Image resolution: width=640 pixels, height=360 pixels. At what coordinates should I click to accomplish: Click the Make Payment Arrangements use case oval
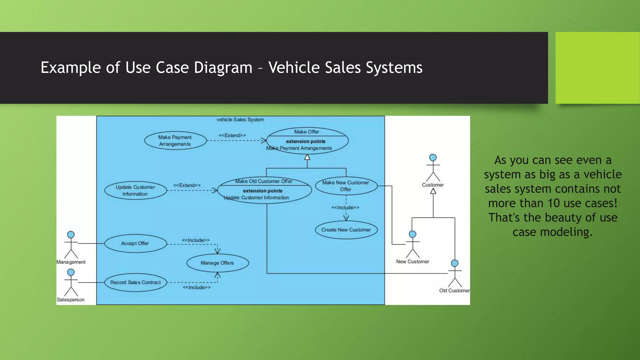click(x=175, y=141)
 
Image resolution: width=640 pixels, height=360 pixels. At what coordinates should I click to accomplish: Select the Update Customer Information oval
click(x=135, y=190)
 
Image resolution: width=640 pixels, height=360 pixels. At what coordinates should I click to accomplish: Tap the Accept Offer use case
click(x=135, y=243)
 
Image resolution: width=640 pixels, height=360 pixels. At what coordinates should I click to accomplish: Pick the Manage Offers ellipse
click(x=217, y=263)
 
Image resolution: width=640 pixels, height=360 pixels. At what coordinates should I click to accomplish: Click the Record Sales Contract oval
click(x=135, y=282)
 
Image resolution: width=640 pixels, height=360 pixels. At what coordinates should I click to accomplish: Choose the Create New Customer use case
click(x=346, y=230)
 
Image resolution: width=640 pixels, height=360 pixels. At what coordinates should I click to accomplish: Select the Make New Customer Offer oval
click(x=346, y=186)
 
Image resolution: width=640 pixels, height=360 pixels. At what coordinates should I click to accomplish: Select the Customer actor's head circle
click(x=433, y=157)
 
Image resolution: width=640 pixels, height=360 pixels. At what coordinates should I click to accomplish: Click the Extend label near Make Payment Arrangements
click(x=232, y=135)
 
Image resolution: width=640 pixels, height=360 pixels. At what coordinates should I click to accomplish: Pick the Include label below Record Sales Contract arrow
click(x=197, y=287)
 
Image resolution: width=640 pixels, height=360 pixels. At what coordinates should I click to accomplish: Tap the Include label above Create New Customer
click(x=345, y=207)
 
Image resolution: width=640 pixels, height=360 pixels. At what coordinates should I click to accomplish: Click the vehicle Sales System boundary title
click(x=240, y=120)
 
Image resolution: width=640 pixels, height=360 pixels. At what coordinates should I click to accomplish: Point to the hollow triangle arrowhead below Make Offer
click(x=307, y=157)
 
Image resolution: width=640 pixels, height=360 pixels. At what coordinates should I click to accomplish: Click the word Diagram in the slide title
click(x=223, y=67)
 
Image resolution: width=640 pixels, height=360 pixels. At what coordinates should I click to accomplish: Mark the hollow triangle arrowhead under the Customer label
click(x=433, y=191)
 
